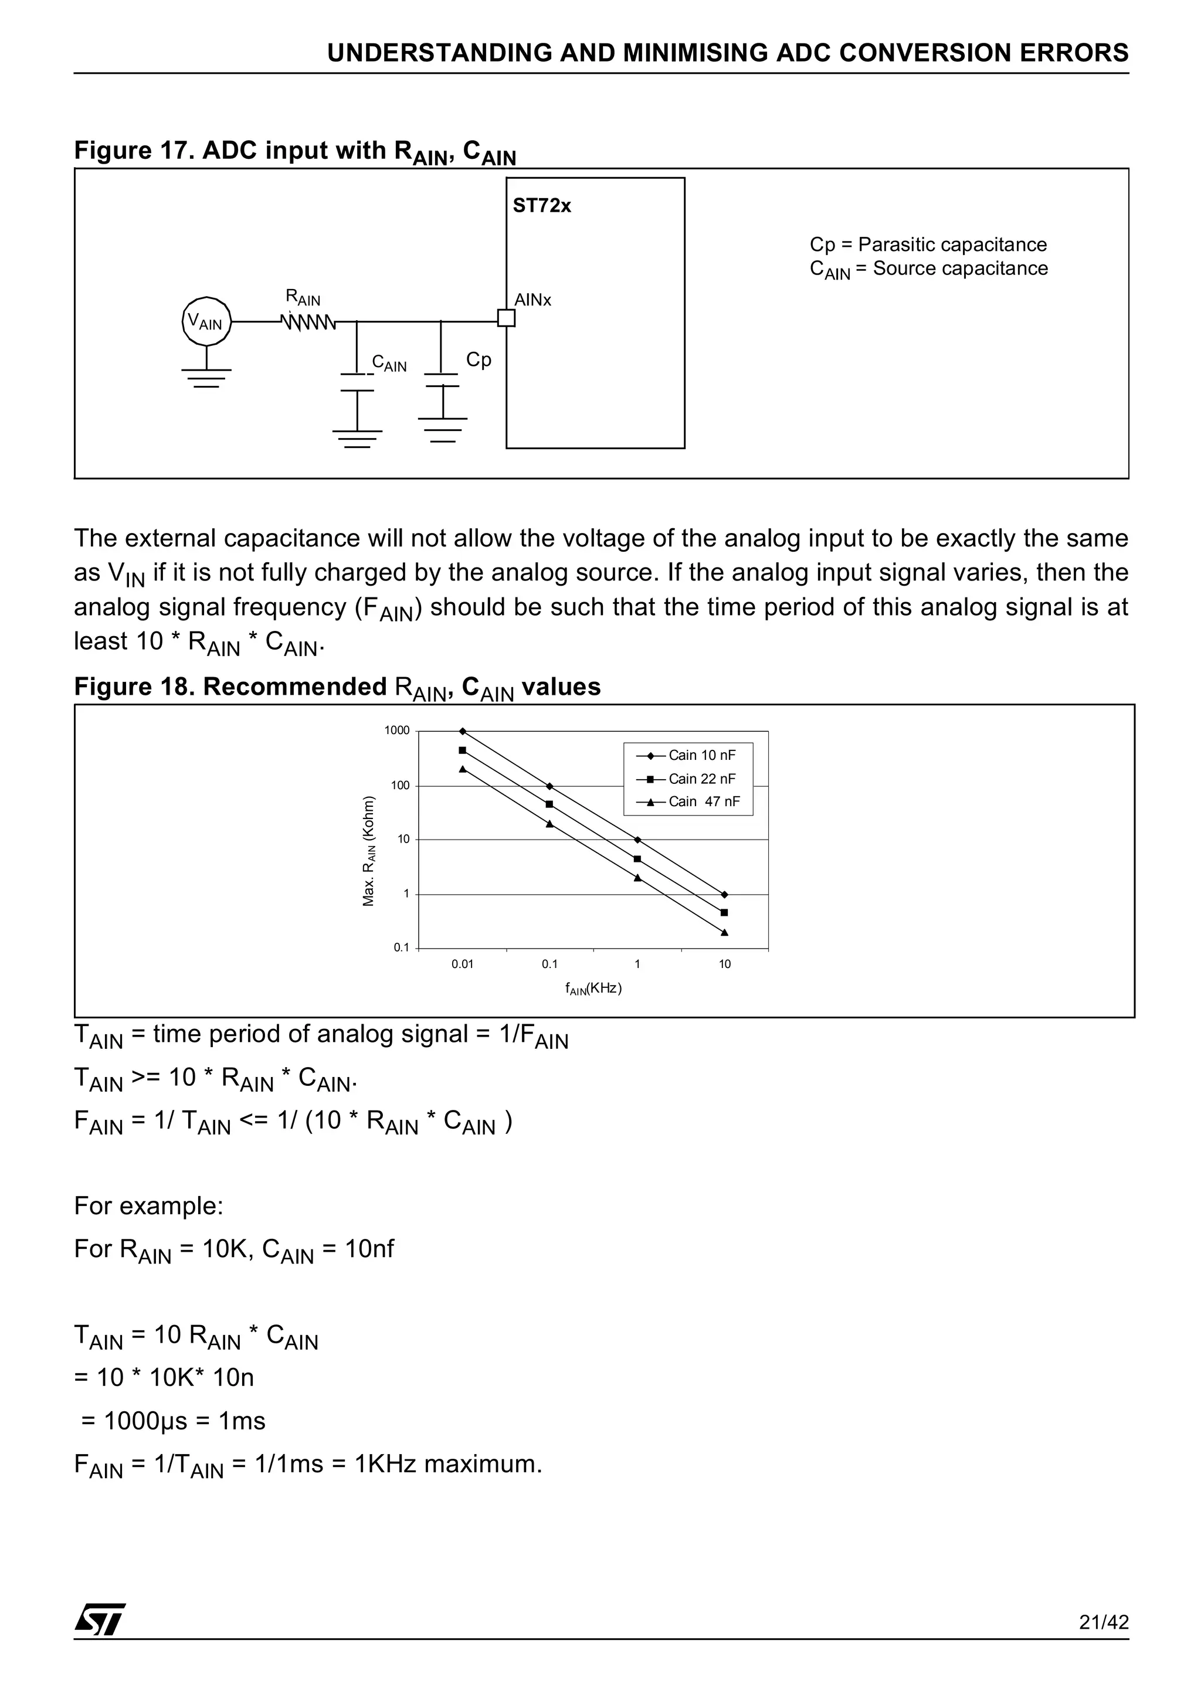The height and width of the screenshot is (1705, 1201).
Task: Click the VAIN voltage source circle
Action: pos(206,321)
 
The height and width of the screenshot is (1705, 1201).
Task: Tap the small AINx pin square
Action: pos(506,318)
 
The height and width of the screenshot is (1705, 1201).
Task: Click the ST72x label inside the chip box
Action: pos(541,206)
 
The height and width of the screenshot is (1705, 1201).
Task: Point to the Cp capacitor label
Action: pos(479,359)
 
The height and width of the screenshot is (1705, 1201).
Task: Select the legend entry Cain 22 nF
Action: pos(701,778)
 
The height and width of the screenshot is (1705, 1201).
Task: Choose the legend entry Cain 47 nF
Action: pos(703,801)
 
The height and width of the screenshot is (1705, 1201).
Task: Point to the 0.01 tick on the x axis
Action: pos(462,964)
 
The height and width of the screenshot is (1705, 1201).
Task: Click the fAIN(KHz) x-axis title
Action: pos(593,989)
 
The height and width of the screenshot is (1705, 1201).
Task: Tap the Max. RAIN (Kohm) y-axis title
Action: pos(368,851)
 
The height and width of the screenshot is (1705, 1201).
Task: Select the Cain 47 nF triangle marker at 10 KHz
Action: pos(724,933)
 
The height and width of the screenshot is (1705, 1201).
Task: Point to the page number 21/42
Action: pos(1104,1622)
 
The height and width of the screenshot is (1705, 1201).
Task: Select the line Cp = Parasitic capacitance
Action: pos(928,244)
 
